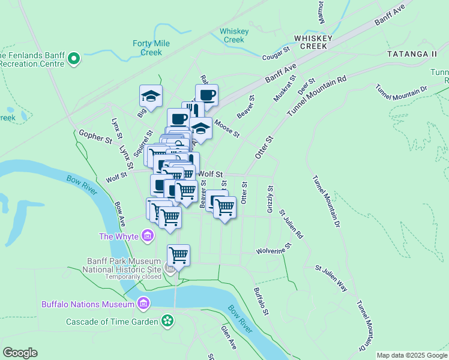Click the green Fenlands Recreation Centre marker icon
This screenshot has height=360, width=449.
click(74, 58)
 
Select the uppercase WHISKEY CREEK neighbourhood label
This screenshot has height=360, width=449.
click(310, 41)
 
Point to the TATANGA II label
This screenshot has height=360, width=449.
click(412, 54)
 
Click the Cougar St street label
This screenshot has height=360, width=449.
click(276, 56)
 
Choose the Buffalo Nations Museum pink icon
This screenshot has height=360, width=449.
click(143, 304)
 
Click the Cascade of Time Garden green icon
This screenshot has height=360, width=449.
click(168, 322)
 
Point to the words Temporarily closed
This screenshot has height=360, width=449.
click(133, 277)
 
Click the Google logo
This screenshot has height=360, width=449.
click(20, 353)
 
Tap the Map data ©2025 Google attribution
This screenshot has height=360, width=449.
click(412, 355)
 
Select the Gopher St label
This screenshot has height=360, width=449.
click(95, 137)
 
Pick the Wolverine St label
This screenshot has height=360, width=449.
click(273, 248)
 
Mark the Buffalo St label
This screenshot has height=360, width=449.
click(259, 298)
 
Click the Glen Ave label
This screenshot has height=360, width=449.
click(228, 337)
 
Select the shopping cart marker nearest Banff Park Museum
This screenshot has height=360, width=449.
click(178, 256)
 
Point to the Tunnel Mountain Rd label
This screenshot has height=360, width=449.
click(317, 96)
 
